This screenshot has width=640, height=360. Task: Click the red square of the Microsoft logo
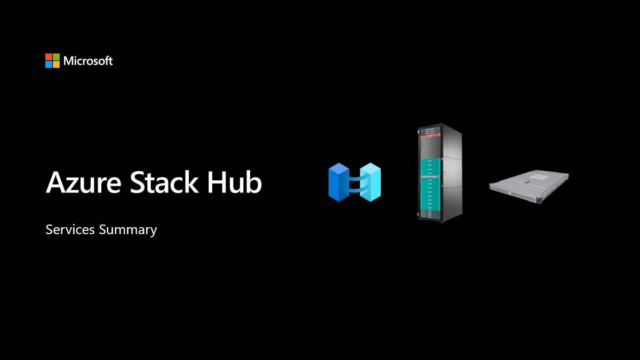pos(49,57)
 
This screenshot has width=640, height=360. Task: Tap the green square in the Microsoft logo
pos(56,57)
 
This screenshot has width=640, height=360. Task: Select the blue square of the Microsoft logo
pos(49,64)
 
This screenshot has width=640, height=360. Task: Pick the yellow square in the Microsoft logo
pos(56,64)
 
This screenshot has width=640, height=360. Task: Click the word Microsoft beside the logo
pos(88,61)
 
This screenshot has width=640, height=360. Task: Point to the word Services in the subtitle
pos(70,230)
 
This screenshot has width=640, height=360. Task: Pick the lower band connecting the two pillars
pos(355,188)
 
